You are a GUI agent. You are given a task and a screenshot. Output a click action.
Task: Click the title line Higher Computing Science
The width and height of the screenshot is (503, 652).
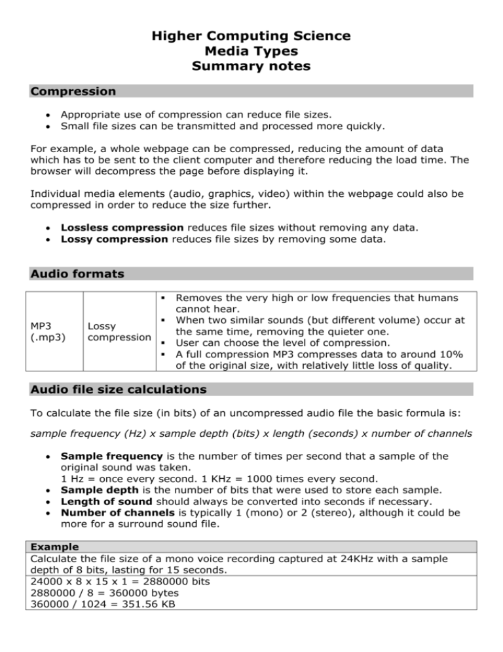click(x=251, y=35)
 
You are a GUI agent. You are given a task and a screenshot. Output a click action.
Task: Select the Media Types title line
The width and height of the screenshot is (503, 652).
click(x=251, y=51)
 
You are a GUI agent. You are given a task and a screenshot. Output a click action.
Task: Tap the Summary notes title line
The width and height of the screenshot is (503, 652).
click(x=251, y=67)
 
